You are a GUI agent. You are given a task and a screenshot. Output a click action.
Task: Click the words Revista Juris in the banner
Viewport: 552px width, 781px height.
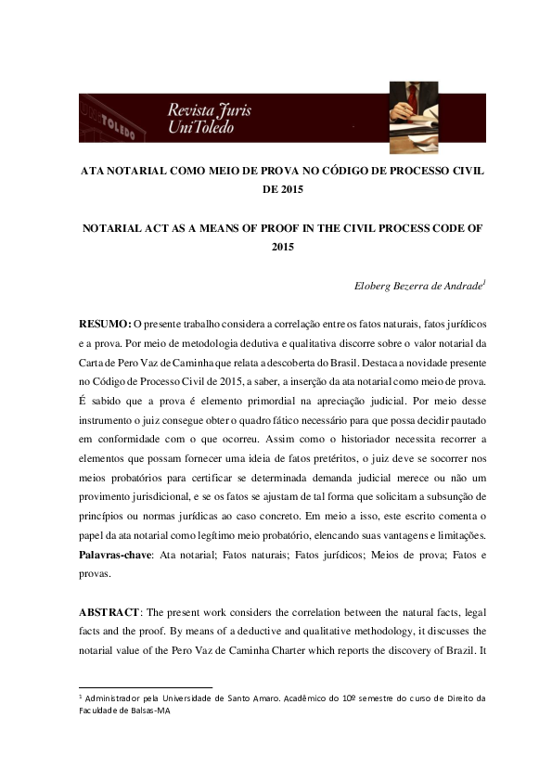209,110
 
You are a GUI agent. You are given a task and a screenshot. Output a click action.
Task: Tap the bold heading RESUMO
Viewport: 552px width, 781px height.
105,322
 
